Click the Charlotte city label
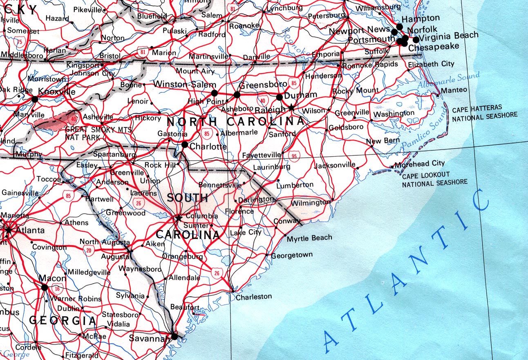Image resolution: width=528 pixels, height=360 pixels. [208, 146]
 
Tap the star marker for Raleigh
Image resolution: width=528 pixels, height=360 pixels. [291, 108]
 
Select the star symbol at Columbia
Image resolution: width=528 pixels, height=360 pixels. [178, 218]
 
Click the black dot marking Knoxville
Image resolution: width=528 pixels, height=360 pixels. [35, 99]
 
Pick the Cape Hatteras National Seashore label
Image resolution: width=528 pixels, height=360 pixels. [484, 114]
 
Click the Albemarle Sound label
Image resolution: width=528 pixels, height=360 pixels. [448, 80]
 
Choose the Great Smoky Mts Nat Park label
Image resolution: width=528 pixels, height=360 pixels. [98, 133]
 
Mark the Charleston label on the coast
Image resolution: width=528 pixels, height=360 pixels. [254, 297]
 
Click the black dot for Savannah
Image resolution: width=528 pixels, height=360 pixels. [175, 337]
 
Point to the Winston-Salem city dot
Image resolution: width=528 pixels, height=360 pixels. [215, 93]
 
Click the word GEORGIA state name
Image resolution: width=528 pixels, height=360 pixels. [63, 321]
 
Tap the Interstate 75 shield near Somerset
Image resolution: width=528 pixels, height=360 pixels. [18, 41]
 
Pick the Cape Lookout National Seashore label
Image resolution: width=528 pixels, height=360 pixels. [434, 179]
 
